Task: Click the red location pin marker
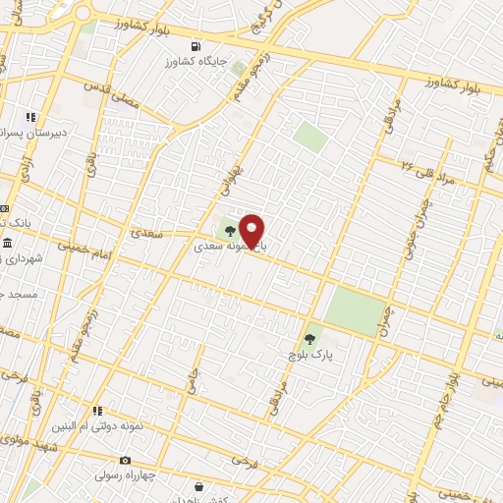(x=252, y=230)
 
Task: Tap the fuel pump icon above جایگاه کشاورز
(x=196, y=46)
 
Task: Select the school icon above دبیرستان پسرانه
(x=30, y=117)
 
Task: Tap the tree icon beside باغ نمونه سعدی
(x=229, y=232)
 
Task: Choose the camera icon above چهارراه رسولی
(x=125, y=460)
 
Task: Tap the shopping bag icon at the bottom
(x=199, y=486)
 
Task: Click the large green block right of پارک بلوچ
(x=356, y=311)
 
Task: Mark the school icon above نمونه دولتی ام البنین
(x=97, y=410)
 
